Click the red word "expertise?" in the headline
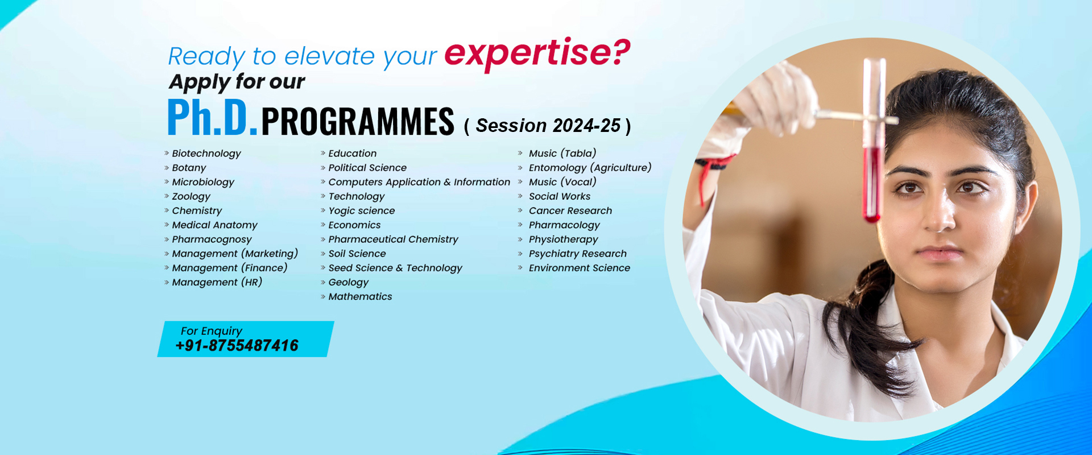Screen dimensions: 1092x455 [537, 54]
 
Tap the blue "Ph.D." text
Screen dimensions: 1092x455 [213, 118]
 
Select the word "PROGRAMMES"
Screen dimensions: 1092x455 [358, 121]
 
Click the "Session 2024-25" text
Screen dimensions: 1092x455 [548, 125]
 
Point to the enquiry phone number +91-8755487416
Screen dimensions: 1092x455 [237, 345]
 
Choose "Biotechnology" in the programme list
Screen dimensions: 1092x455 [206, 154]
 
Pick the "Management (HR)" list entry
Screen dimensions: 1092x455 [217, 282]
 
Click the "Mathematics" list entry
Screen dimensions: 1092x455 [360, 296]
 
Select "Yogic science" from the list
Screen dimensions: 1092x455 [362, 211]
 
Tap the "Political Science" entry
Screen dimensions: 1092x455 [367, 168]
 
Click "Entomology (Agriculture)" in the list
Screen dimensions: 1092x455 [590, 168]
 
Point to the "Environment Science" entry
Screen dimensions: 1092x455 [580, 268]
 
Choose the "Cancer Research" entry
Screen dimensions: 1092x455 [570, 210]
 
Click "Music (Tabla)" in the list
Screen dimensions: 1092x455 [562, 154]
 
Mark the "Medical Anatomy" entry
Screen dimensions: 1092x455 [215, 225]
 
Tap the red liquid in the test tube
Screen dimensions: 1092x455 [871, 182]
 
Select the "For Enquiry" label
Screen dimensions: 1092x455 [212, 331]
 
